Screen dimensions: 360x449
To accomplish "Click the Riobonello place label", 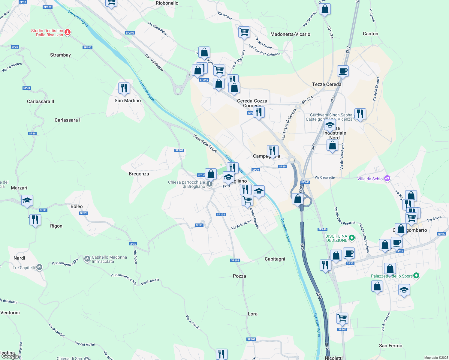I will [x=167, y=3].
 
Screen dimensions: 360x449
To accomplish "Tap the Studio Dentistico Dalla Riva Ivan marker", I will [x=68, y=32].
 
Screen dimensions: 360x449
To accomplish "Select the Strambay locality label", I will [x=60, y=55].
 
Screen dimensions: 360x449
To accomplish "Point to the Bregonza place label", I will [x=139, y=174].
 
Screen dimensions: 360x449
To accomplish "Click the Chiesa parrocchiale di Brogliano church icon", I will [x=209, y=184].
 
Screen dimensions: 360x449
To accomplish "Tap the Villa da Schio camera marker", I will [x=387, y=178].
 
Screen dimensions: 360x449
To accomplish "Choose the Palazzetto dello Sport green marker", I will [x=416, y=276].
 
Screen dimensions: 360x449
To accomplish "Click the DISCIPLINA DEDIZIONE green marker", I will [x=352, y=238].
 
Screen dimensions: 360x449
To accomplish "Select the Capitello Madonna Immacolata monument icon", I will [x=87, y=259].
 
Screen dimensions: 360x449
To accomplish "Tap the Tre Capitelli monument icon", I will [x=39, y=267].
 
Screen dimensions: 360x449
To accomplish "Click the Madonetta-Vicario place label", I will [x=290, y=34].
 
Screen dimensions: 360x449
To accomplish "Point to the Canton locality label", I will [x=370, y=34].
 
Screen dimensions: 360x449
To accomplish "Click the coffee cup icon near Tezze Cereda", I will [x=343, y=71].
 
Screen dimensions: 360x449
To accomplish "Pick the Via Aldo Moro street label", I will [x=241, y=225].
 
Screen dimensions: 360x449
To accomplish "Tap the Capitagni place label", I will [x=275, y=259].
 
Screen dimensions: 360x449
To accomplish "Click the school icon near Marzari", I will [x=27, y=201].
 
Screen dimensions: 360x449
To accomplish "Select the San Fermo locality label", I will [x=390, y=346].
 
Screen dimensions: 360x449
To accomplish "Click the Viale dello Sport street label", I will [x=205, y=143].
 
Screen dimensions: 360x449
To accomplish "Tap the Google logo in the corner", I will [x=10, y=356].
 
